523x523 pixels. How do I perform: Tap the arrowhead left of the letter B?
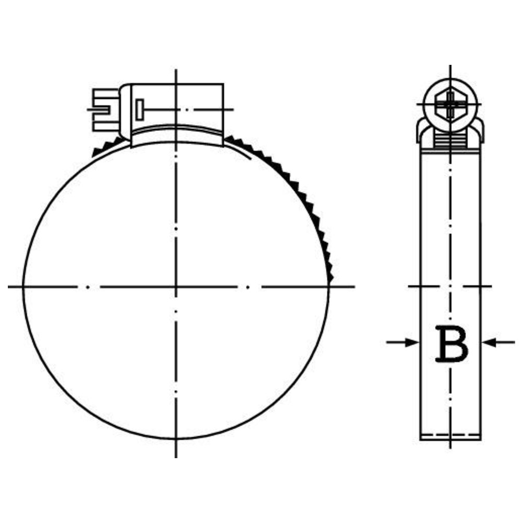click(x=412, y=342)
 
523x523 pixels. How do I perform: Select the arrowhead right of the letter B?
click(x=489, y=342)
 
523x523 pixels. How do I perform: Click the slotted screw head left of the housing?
click(x=106, y=110)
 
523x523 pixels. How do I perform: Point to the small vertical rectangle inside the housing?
click(x=140, y=110)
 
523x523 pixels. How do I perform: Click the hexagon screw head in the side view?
click(x=451, y=105)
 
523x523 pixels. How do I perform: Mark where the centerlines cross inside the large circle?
click(x=176, y=287)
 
